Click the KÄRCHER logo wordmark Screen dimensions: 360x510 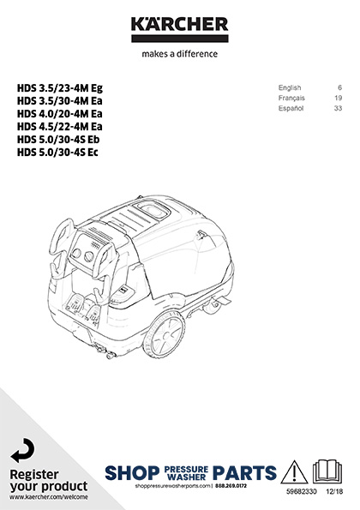179,25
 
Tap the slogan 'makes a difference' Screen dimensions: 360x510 179,54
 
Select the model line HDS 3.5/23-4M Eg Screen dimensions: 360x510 60,88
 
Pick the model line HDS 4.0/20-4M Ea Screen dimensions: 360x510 59,114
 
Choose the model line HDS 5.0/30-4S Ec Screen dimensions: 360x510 57,153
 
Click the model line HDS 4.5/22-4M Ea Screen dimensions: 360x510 59,127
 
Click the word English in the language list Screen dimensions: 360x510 290,87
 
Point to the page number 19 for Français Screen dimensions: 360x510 339,98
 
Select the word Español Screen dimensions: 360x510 291,108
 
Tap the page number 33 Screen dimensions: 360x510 339,108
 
